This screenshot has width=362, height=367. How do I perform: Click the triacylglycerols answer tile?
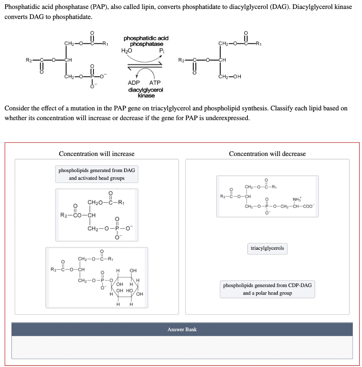pos(267,248)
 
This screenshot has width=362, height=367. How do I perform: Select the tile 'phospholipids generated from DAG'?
pos(97,174)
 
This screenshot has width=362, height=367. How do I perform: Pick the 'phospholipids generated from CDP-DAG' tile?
pos(267,289)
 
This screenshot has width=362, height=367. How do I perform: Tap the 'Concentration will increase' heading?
pos(97,154)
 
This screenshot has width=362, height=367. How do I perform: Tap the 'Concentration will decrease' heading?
pos(267,154)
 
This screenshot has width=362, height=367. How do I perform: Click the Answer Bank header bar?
pos(182,329)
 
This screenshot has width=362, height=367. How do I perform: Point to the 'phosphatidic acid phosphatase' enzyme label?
pos(146,41)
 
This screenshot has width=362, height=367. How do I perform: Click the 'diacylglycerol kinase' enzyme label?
pos(146,92)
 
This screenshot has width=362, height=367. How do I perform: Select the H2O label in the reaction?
pos(126,51)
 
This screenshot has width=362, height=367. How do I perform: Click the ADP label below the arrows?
pos(134,83)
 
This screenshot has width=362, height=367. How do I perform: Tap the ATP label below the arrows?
pos(154,83)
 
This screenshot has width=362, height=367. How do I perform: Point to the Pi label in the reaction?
pos(161,51)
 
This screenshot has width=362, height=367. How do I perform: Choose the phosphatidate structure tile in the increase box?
pos(97,215)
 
